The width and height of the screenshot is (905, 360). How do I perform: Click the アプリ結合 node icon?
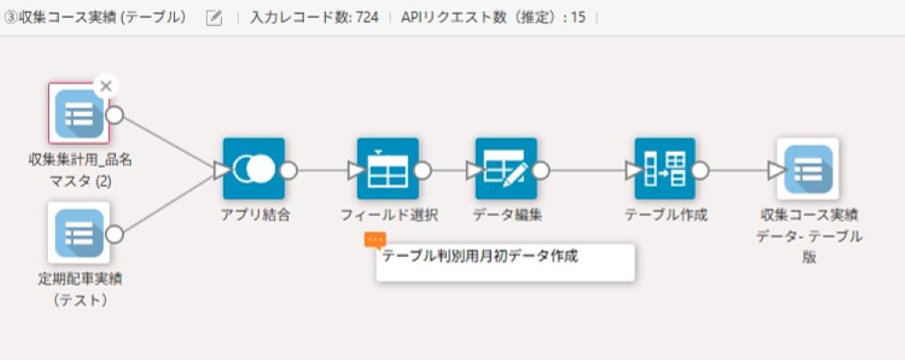(x=253, y=169)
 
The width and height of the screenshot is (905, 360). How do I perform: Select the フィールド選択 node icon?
(x=387, y=169)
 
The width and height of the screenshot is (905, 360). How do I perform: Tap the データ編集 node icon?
(x=505, y=169)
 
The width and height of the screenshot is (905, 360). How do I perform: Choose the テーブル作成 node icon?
(x=665, y=169)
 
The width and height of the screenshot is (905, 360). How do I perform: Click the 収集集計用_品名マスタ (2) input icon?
(x=79, y=115)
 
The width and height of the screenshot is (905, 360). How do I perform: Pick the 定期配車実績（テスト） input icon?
(x=79, y=233)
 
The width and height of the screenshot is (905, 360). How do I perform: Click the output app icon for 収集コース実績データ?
(x=807, y=169)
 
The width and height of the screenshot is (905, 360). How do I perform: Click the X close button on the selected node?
(x=106, y=86)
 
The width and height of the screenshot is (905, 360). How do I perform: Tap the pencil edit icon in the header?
(x=214, y=18)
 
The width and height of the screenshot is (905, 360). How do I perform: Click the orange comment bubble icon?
(x=375, y=240)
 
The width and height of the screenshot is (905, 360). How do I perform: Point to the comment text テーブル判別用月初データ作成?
(x=480, y=256)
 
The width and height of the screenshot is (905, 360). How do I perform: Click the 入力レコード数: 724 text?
(x=314, y=18)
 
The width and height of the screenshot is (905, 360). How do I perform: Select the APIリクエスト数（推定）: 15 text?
(x=492, y=18)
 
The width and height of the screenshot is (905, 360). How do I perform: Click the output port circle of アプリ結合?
(x=289, y=170)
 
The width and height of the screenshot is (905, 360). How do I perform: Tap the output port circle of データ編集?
(x=541, y=170)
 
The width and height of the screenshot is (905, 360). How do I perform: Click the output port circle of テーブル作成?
(x=700, y=170)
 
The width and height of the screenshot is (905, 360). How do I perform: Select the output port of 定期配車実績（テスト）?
(x=114, y=234)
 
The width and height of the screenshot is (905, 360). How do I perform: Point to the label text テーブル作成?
(x=666, y=215)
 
